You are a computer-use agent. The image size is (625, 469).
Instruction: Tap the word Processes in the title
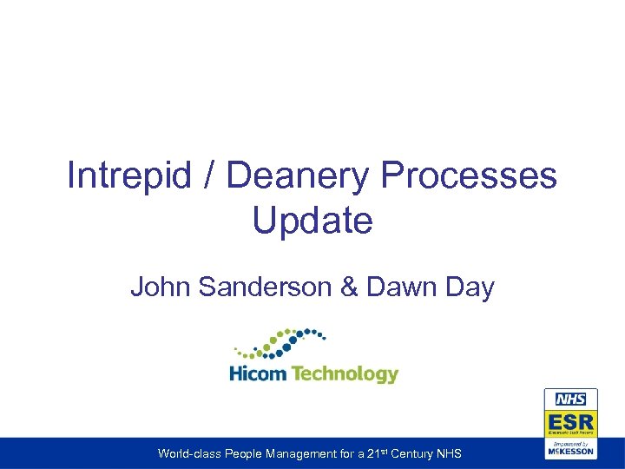(x=469, y=175)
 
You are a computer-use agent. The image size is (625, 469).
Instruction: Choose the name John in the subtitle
(x=161, y=287)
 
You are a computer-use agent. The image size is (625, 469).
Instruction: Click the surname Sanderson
(x=273, y=287)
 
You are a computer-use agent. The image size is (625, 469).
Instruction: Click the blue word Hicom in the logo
(x=257, y=374)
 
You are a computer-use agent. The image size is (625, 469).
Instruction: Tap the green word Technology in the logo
(x=345, y=374)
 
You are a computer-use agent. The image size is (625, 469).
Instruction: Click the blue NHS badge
(x=571, y=400)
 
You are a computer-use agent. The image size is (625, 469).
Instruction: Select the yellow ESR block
(x=570, y=422)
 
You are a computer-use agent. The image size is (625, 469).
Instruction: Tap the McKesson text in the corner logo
(x=570, y=452)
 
